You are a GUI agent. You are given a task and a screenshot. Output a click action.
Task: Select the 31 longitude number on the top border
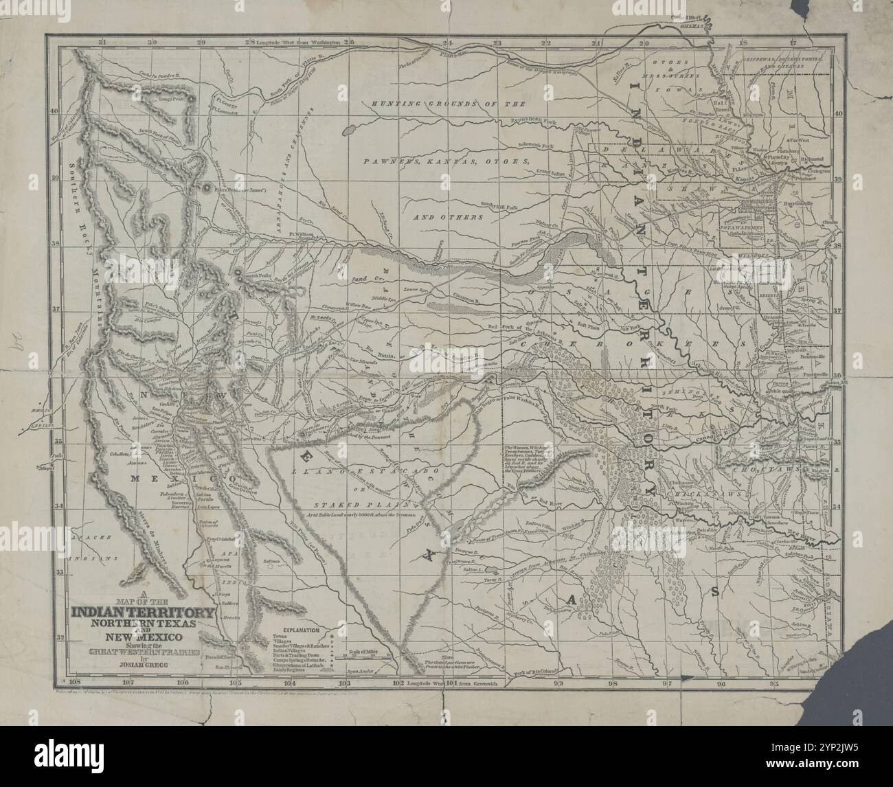coord(102,42)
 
